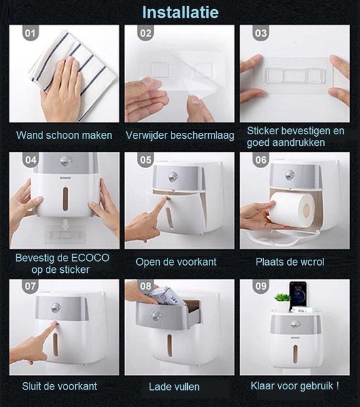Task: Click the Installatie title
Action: tap(180, 12)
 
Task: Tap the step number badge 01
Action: tap(30, 33)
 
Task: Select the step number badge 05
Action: tap(145, 160)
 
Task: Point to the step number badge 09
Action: tap(261, 287)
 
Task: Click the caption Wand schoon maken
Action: tap(64, 135)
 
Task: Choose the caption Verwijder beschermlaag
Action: tap(180, 135)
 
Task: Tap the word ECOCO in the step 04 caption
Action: tap(90, 258)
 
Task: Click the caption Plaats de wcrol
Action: tap(289, 262)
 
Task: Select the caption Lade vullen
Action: tap(174, 387)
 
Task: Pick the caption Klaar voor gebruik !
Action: tap(295, 385)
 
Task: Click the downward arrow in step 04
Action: tap(65, 224)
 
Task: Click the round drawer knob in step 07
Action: tap(56, 308)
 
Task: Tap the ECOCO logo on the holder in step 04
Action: tap(65, 178)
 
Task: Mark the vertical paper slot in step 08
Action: tap(170, 345)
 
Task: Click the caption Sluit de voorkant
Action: tap(60, 386)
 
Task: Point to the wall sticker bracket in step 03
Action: tap(295, 75)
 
